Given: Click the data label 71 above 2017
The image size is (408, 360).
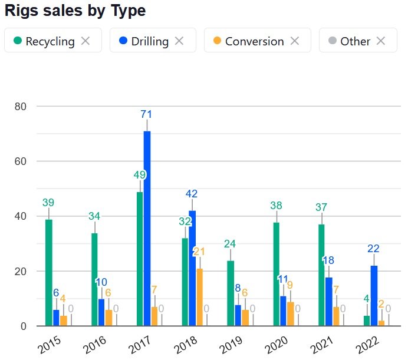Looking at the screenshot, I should pos(147,114).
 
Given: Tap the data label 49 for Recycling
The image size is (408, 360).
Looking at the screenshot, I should pos(139,175).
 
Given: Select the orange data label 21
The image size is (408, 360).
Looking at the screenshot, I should pos(199,252).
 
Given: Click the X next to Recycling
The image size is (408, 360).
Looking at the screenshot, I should pos(85,41).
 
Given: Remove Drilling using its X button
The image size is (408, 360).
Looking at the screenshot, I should pos(180,41).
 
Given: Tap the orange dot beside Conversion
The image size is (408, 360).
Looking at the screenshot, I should pos(217,41).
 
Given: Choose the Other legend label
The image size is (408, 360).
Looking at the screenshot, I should pos(356,41).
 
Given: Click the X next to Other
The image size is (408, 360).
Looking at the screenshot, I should pos(381,41).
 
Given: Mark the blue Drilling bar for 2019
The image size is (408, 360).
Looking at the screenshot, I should pos(238,315).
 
